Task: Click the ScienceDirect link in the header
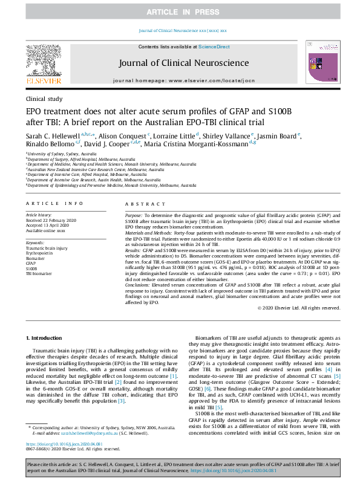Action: [214, 47]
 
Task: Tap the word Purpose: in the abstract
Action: [134, 215]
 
